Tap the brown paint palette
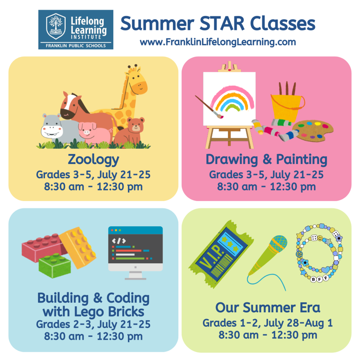[313, 129]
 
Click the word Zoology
[93, 160]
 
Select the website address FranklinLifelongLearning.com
[218, 42]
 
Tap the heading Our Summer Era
[268, 308]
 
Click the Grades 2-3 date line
[93, 324]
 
